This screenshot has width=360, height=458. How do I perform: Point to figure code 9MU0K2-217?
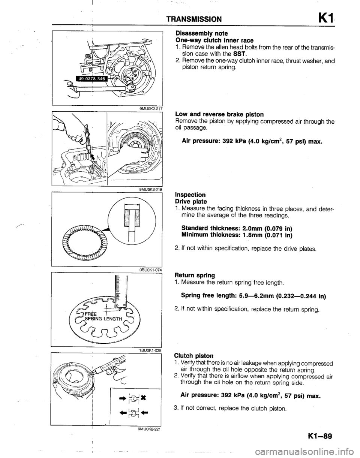point(147,109)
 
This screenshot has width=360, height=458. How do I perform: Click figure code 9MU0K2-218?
point(147,190)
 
